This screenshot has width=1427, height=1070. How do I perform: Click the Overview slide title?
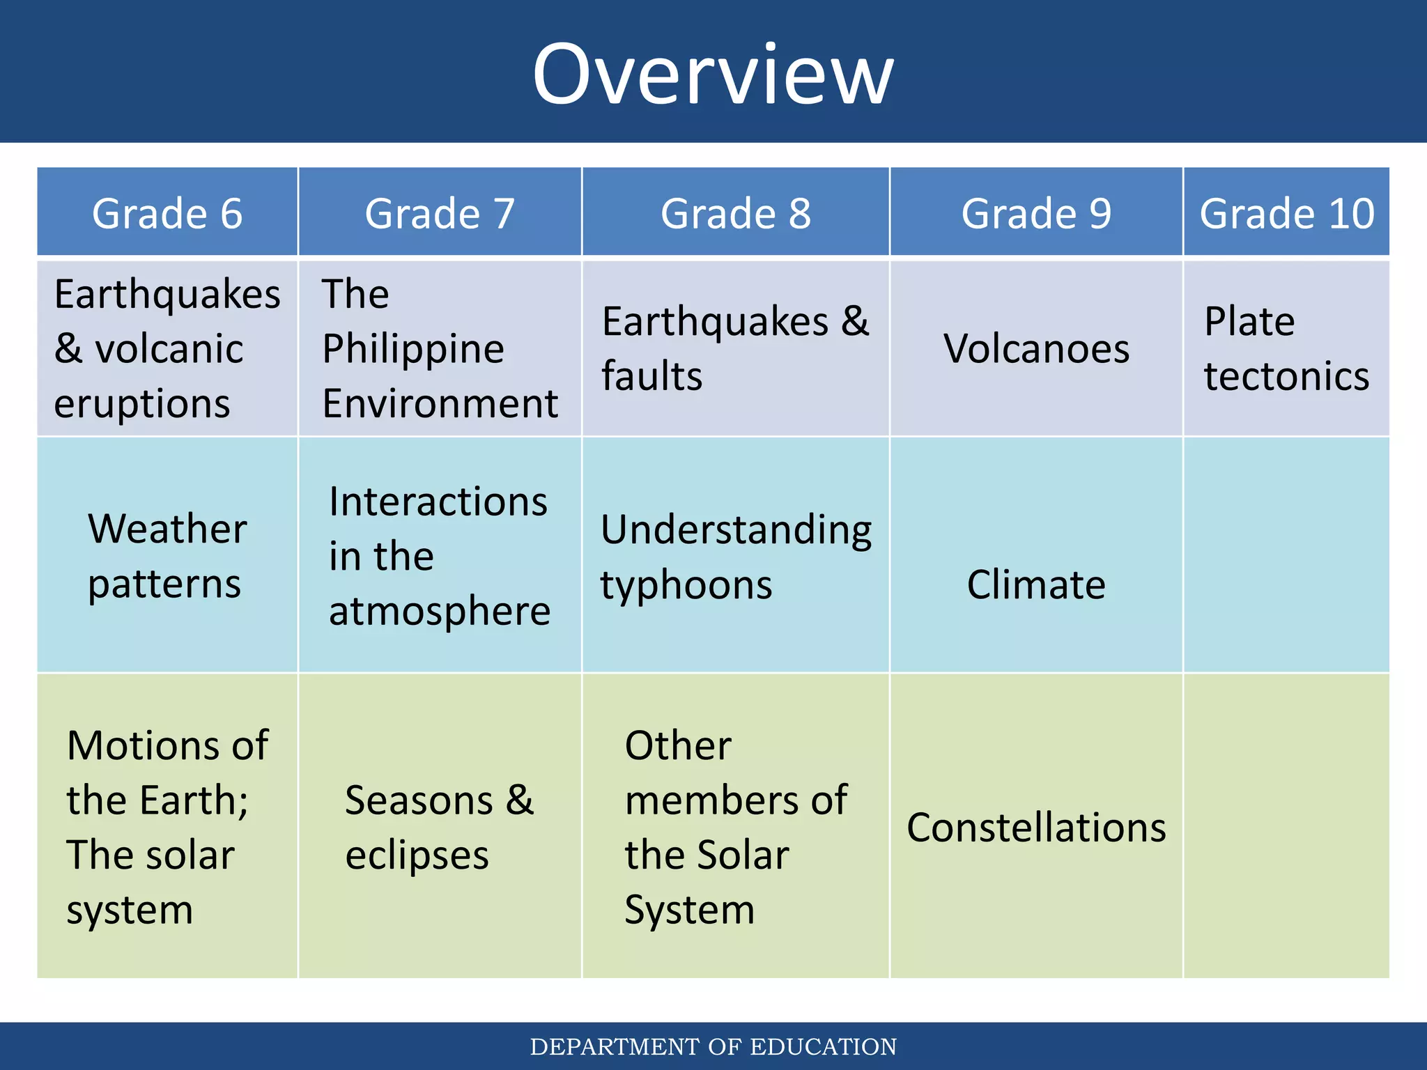[x=713, y=74]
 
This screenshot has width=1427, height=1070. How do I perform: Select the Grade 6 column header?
[x=167, y=213]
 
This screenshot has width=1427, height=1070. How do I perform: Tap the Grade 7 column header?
[x=440, y=213]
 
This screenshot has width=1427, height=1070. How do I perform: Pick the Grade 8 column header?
[x=736, y=213]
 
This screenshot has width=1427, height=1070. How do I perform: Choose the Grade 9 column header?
[x=1036, y=213]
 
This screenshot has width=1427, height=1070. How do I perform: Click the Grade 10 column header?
[x=1287, y=213]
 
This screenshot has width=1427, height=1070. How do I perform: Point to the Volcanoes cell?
[x=1036, y=348]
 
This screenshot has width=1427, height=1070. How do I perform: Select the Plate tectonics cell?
[x=1286, y=348]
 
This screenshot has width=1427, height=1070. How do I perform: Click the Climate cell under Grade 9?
[x=1036, y=584]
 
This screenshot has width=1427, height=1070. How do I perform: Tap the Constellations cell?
[x=1036, y=828]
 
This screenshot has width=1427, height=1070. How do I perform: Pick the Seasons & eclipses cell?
[x=440, y=828]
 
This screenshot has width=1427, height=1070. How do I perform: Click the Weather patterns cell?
[x=167, y=556]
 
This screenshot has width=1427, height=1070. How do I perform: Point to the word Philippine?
[x=413, y=348]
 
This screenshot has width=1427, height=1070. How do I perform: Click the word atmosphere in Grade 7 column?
[x=440, y=611]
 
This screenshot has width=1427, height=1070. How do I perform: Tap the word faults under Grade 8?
[x=651, y=376]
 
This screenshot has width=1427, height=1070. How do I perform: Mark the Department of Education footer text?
[x=713, y=1046]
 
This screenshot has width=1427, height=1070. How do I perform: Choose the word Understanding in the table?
[x=736, y=529]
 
